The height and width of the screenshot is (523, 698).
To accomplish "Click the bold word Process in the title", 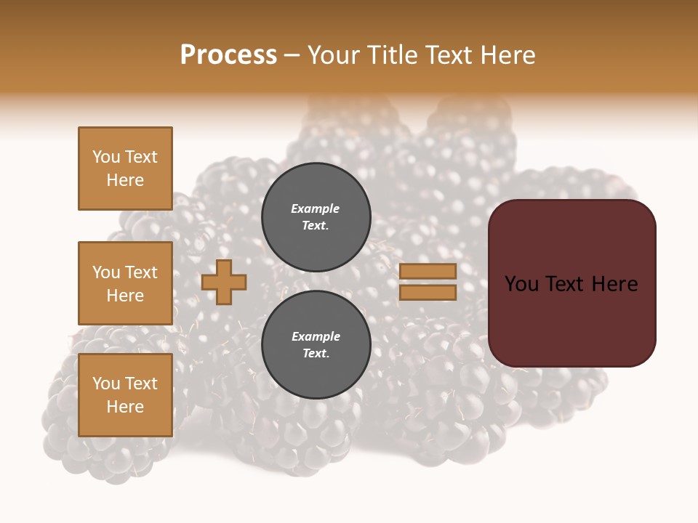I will pos(228,54).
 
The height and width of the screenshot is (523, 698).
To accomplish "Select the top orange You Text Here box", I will pos(125,169).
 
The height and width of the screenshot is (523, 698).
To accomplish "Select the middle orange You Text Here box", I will pos(125,283).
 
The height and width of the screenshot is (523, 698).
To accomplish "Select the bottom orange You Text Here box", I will pos(125,395).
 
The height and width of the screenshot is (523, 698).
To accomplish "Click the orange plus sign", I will pos(224,282).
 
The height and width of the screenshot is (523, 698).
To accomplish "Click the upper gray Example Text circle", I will pos(316,216).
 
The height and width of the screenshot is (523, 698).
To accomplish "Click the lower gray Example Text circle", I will pos(316,344).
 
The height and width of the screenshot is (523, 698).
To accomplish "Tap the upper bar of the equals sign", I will pos(428,271).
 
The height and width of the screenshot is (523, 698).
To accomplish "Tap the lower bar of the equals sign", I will pos(428,293).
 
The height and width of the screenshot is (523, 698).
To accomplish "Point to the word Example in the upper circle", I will pos(316,208).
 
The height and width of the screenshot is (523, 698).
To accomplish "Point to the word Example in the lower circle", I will pos(316,336).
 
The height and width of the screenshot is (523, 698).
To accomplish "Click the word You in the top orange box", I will pos(105,157).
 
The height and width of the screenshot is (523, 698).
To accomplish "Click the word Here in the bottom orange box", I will pos(125,407).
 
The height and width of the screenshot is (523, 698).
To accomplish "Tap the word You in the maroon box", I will pos(522,284).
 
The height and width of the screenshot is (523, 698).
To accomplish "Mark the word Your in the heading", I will pos(334,54).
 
